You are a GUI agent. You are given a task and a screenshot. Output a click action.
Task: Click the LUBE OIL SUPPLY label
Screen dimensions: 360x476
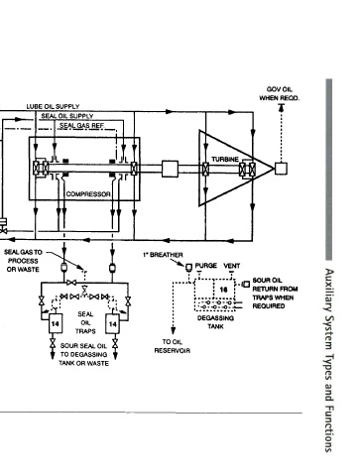click(x=53, y=106)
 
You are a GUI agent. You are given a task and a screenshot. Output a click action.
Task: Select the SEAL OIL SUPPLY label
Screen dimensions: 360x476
click(x=67, y=116)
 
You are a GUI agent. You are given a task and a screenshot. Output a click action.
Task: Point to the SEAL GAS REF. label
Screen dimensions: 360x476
click(x=82, y=126)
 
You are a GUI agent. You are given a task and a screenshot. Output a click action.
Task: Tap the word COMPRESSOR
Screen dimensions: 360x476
click(x=88, y=194)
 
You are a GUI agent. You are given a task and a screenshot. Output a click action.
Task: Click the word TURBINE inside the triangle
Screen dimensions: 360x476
click(x=225, y=160)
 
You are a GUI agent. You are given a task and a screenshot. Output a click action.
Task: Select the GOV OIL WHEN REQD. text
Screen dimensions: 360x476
click(x=280, y=94)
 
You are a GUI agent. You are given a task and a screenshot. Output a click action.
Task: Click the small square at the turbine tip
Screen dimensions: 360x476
click(x=282, y=169)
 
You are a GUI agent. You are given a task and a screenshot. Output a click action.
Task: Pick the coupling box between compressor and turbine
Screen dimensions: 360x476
click(x=170, y=169)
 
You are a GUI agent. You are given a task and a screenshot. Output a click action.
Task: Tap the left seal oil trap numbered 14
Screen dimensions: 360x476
click(x=55, y=323)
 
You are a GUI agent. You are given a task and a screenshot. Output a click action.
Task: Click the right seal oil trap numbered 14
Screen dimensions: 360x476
click(x=112, y=323)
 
